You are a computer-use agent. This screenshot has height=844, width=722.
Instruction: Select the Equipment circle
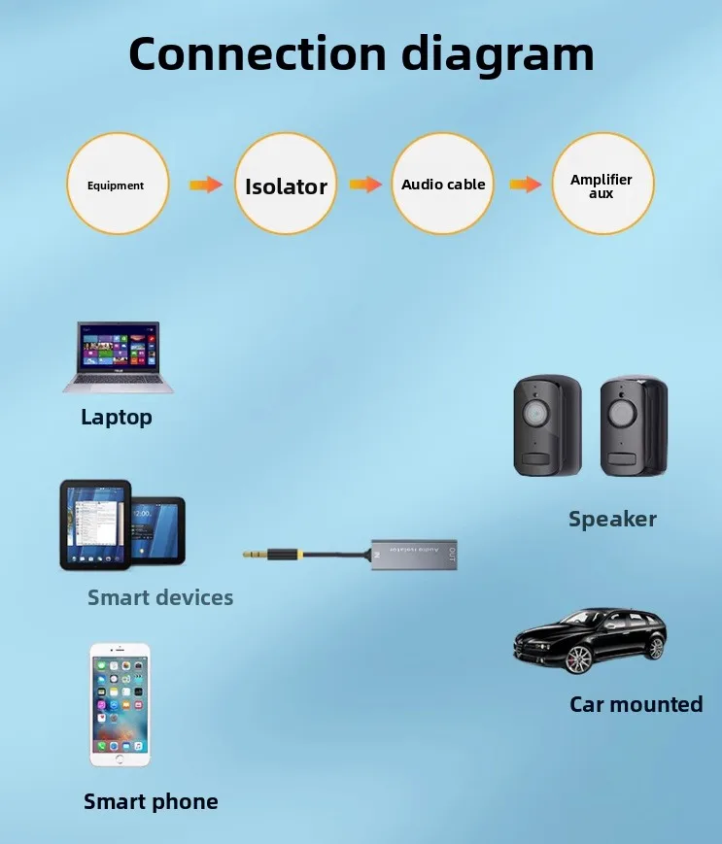coord(117,185)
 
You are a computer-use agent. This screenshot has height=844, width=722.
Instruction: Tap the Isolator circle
coord(286,185)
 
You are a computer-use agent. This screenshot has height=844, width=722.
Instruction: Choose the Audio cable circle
coord(443,185)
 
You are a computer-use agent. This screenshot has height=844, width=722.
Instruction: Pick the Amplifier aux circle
coord(602,185)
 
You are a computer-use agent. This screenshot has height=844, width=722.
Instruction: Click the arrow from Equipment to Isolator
coord(205,185)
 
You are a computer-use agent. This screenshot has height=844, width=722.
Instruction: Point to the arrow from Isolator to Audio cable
coord(365,185)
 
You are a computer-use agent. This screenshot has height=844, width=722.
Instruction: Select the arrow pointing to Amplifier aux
coord(525,185)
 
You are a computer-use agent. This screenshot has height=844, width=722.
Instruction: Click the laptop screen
coord(120,346)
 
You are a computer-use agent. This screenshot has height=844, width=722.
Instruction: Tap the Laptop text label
coord(117,418)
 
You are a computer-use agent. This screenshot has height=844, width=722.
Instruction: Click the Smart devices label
coord(160,597)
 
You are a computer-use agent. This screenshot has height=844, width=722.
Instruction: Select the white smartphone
coord(120,705)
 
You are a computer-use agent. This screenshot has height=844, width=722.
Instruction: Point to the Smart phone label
coord(151,801)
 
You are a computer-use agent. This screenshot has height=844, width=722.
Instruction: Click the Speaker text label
coord(612,519)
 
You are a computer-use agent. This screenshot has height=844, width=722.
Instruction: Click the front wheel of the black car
coord(578,659)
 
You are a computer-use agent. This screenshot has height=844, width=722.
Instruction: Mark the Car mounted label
coord(636,704)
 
